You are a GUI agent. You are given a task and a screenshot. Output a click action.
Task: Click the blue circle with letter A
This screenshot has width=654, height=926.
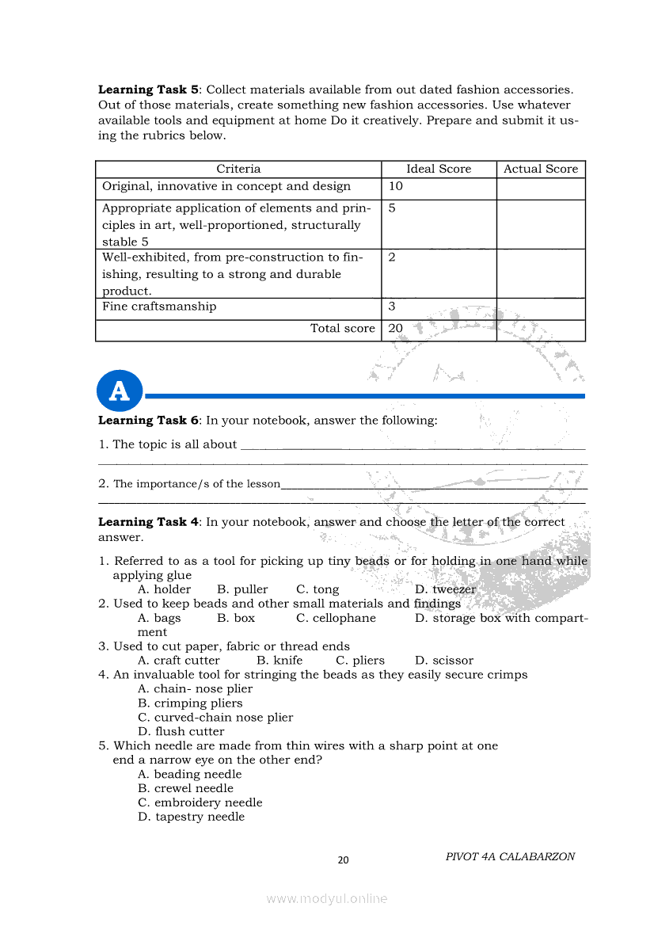click(x=119, y=391)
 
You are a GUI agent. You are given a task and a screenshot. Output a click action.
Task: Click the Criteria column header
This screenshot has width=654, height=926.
click(x=238, y=169)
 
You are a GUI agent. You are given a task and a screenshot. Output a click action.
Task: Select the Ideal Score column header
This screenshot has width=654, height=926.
click(x=439, y=169)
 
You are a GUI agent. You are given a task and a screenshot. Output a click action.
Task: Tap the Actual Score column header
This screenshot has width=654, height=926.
click(x=541, y=169)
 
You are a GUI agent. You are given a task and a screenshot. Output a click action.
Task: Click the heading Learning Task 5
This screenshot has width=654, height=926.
click(x=148, y=90)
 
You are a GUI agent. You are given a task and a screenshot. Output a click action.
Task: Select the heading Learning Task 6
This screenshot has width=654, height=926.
click(x=148, y=421)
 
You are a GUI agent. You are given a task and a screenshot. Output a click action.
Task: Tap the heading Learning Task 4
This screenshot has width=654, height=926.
click(x=148, y=522)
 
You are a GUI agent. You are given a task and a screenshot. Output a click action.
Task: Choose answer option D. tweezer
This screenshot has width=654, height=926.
click(x=445, y=589)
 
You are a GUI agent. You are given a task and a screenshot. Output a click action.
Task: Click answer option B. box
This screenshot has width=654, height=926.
click(x=236, y=618)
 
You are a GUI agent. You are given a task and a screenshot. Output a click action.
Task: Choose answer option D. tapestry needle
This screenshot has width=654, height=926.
click(x=191, y=817)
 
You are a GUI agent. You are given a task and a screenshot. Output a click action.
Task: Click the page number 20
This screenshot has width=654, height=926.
click(x=343, y=860)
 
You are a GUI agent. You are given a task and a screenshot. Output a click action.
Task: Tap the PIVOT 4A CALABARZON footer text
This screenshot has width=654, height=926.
click(x=510, y=856)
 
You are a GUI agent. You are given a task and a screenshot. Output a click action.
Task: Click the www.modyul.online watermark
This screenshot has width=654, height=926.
click(x=327, y=899)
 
